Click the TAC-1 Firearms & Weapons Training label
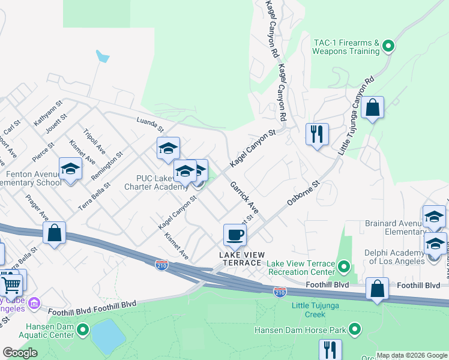tap(346, 47)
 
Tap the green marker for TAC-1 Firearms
tap(388, 45)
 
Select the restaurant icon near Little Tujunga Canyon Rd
tap(317, 133)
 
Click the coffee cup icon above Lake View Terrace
tap(235, 234)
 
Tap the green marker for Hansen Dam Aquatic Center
tap(83, 329)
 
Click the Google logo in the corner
tap(20, 352)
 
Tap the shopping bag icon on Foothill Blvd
tap(377, 289)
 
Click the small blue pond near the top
tap(103, 56)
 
